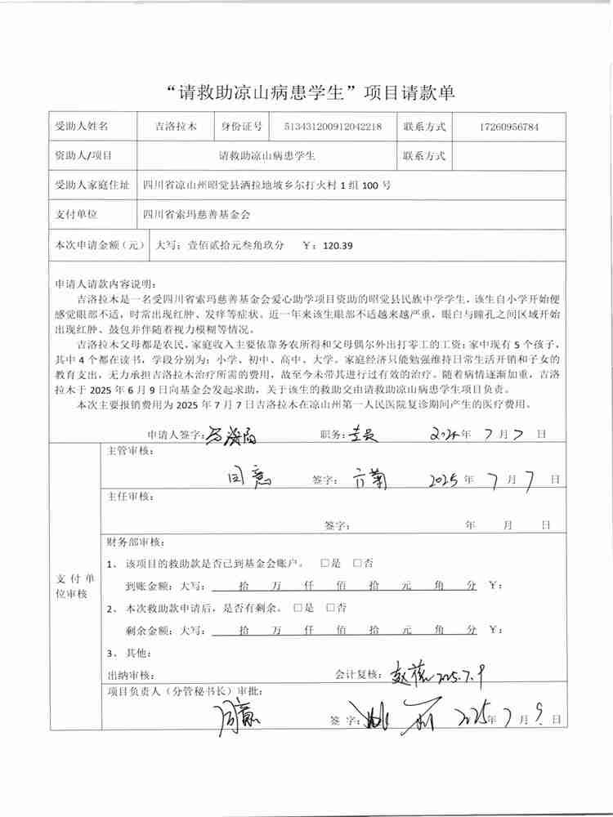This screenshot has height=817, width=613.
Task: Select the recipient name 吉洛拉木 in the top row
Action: pos(177,127)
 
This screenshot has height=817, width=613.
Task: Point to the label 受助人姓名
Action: pos(81,127)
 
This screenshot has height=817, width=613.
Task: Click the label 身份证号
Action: pos(241,127)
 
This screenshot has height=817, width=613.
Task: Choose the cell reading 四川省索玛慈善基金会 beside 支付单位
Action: pos(195,214)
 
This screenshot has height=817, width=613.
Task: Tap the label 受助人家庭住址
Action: pos(91,185)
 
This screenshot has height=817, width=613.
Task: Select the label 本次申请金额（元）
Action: pos(99,244)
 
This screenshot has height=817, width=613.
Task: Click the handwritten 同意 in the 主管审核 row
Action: pos(246,475)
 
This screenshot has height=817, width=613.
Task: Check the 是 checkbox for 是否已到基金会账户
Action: pos(324,563)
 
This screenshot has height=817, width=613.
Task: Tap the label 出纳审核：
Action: pos(130,676)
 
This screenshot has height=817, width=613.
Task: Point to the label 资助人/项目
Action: pos(83,155)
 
